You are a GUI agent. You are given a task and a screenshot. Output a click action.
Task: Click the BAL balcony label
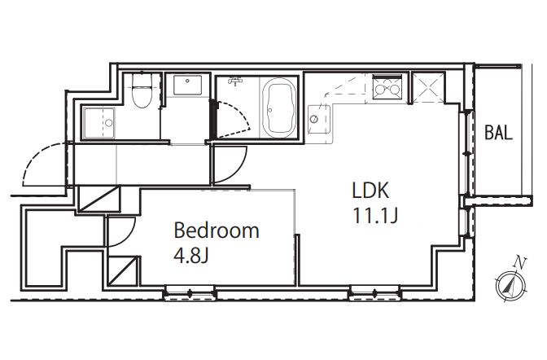(x=498, y=133)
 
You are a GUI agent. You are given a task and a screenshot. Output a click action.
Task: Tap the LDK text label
(x=370, y=191)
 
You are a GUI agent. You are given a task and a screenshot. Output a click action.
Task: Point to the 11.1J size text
(x=375, y=215)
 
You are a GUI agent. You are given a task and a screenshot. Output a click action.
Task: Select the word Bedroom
(x=217, y=230)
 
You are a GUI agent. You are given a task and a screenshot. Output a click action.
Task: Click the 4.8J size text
(x=191, y=256)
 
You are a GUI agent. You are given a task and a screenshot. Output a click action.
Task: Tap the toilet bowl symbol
(x=142, y=91)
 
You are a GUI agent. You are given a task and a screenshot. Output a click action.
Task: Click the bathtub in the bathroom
(x=279, y=108)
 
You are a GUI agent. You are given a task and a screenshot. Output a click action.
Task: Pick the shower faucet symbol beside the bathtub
(x=236, y=81)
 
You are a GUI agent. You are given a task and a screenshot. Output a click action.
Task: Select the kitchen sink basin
(x=319, y=119)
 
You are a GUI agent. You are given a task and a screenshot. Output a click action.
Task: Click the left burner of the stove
(x=380, y=90)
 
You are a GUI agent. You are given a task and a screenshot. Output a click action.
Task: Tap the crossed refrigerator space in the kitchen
(x=428, y=87)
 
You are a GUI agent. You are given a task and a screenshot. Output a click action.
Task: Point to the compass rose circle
(x=510, y=287)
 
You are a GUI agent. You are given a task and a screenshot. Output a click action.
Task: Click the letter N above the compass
(x=520, y=261)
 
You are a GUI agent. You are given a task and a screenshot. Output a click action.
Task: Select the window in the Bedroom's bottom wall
(x=190, y=292)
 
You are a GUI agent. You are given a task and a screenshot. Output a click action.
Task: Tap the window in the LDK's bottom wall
(x=375, y=292)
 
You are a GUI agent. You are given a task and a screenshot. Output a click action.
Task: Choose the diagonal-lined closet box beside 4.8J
(x=123, y=271)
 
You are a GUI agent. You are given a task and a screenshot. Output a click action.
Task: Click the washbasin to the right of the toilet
(x=188, y=86)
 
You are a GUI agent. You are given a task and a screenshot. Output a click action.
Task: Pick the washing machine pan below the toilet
(x=99, y=122)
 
